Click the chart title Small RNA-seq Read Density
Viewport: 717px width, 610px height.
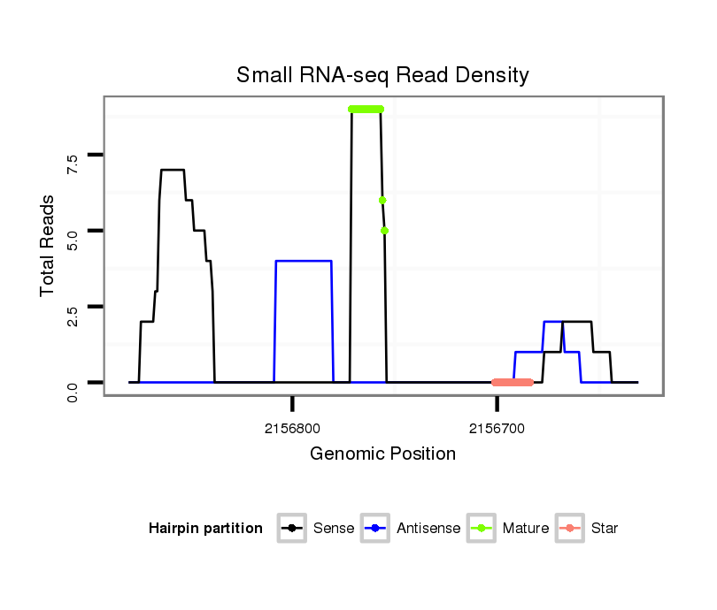382,75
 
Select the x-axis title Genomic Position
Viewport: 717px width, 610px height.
382,454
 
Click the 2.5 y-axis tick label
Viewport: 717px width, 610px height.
73,315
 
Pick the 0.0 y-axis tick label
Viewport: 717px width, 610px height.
73,390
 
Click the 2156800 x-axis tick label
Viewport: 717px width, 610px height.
292,429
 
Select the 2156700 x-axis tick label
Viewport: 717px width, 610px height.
497,429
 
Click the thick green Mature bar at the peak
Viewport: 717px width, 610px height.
366,109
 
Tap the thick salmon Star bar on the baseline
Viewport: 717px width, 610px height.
513,382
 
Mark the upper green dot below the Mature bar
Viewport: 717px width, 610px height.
382,200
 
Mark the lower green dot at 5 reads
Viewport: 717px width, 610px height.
385,231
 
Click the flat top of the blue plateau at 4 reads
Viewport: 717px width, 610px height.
304,261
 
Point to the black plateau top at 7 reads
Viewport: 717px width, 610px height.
172,170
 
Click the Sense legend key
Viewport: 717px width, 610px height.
291,529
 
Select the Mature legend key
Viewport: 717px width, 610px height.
481,529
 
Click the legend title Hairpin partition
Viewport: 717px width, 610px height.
205,529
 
